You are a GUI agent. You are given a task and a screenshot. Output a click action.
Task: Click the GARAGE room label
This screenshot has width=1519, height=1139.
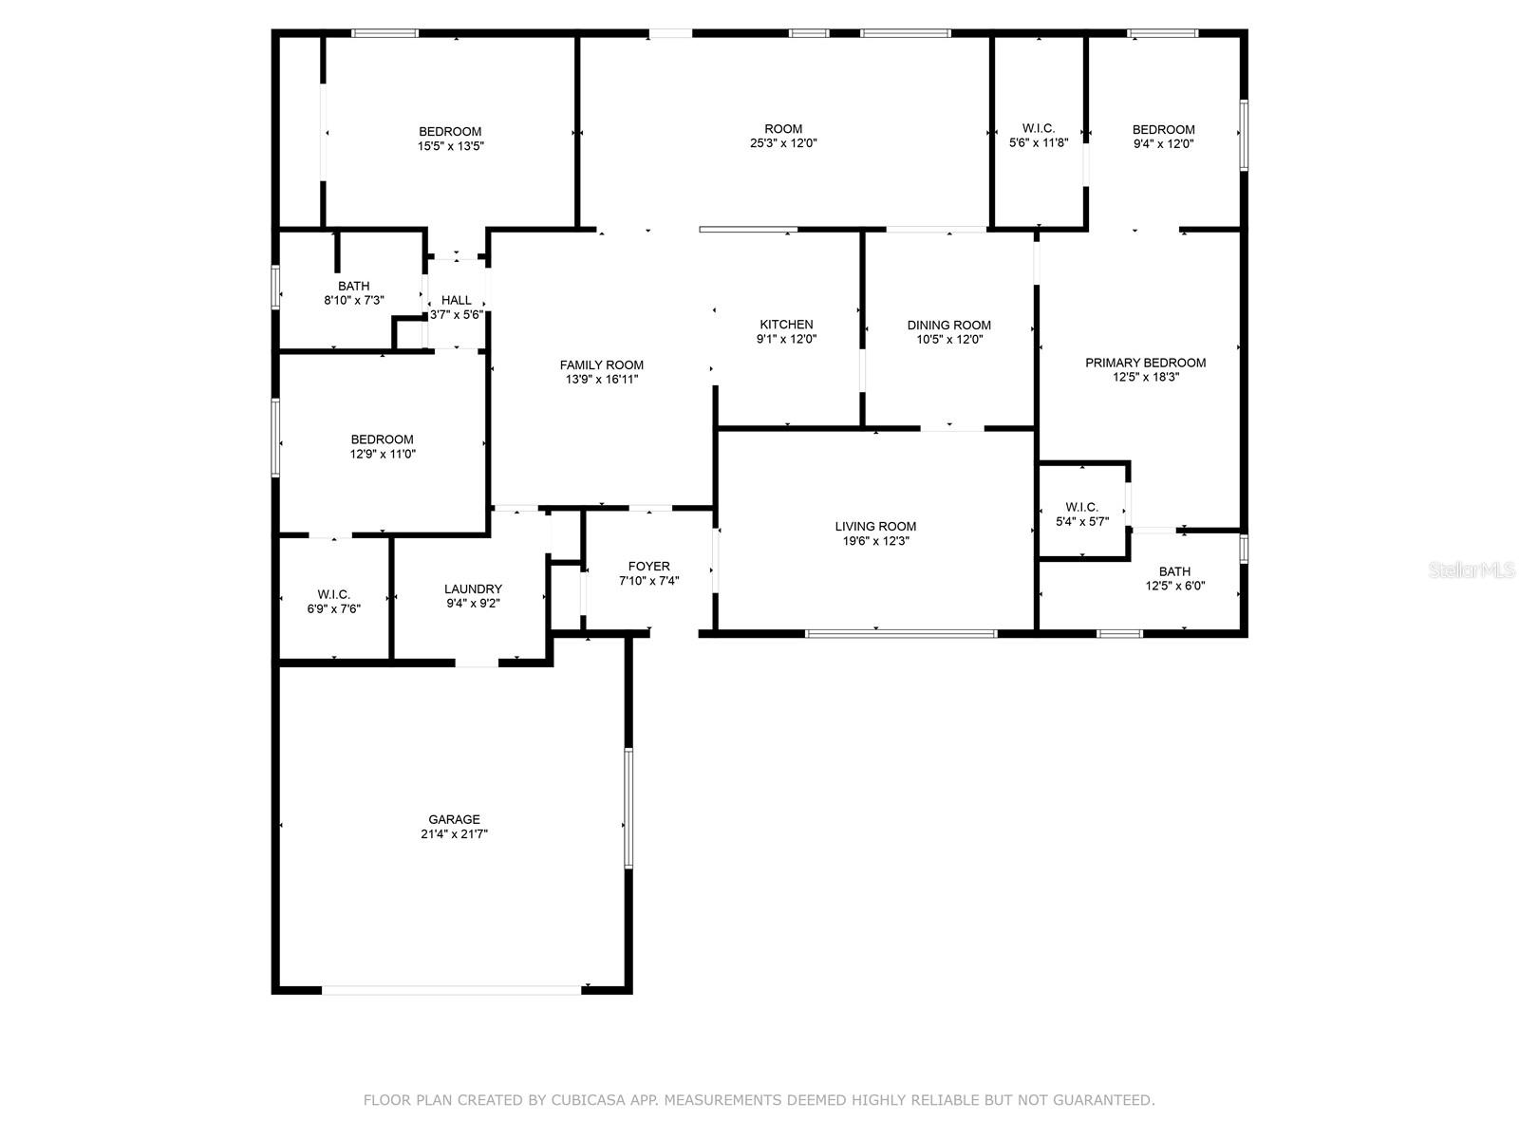click(454, 819)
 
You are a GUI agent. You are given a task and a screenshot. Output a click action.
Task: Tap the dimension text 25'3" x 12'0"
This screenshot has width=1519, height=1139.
click(783, 143)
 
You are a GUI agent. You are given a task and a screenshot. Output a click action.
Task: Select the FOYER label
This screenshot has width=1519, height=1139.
click(648, 567)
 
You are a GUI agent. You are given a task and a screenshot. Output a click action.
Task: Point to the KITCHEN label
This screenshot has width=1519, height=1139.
click(786, 325)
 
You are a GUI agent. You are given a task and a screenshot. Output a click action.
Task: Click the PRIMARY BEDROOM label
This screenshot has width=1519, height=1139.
click(1145, 363)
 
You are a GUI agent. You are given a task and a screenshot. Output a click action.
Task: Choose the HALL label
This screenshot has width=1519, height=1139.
click(456, 300)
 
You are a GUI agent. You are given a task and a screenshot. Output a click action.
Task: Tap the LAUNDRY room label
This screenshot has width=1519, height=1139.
click(473, 588)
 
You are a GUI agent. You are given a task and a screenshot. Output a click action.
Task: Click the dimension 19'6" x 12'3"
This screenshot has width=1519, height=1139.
click(875, 541)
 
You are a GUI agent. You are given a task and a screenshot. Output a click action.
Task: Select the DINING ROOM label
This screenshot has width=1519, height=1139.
click(948, 325)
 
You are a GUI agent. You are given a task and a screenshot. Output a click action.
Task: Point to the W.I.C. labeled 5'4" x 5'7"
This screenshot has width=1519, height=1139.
click(1081, 507)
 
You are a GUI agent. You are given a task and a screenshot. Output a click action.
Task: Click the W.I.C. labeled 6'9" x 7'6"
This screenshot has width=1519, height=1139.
click(333, 594)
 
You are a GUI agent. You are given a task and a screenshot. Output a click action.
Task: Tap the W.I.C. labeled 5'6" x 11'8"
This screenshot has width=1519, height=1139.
click(1038, 128)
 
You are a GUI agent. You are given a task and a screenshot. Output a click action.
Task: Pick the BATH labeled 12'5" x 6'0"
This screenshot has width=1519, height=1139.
click(1174, 571)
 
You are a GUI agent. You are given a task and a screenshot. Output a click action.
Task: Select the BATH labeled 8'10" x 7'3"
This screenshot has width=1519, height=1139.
click(353, 286)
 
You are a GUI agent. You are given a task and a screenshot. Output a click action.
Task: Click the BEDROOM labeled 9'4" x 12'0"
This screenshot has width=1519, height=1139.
click(1163, 129)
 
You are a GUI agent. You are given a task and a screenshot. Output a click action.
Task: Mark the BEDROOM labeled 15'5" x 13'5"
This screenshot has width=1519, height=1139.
click(450, 131)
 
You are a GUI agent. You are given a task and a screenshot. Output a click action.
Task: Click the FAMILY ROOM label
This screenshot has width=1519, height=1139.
click(601, 364)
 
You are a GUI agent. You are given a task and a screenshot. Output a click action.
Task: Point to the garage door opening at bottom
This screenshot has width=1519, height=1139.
click(451, 990)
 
